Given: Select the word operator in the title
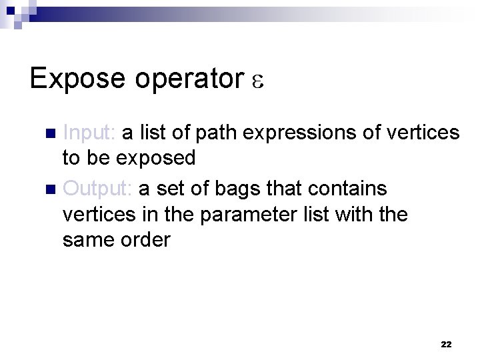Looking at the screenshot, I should coord(189,79).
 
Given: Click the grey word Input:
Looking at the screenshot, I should coord(89,133).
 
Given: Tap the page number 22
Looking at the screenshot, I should coord(446,344).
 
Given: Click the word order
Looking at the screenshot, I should coord(145,240).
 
